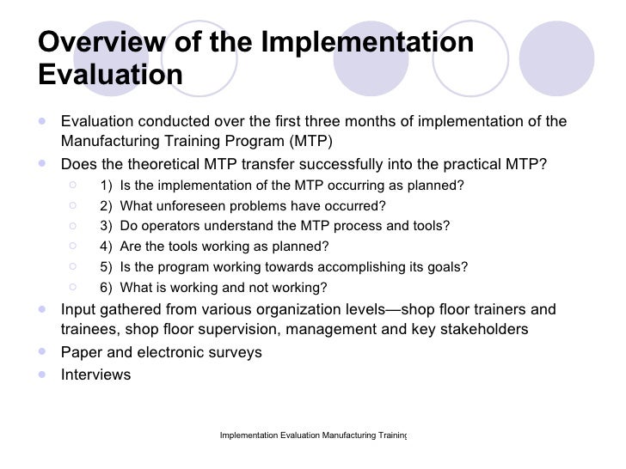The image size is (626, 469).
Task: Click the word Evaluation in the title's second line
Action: click(x=111, y=74)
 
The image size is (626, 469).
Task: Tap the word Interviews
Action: click(x=96, y=375)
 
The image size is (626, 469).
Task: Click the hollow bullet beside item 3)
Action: click(x=77, y=225)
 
